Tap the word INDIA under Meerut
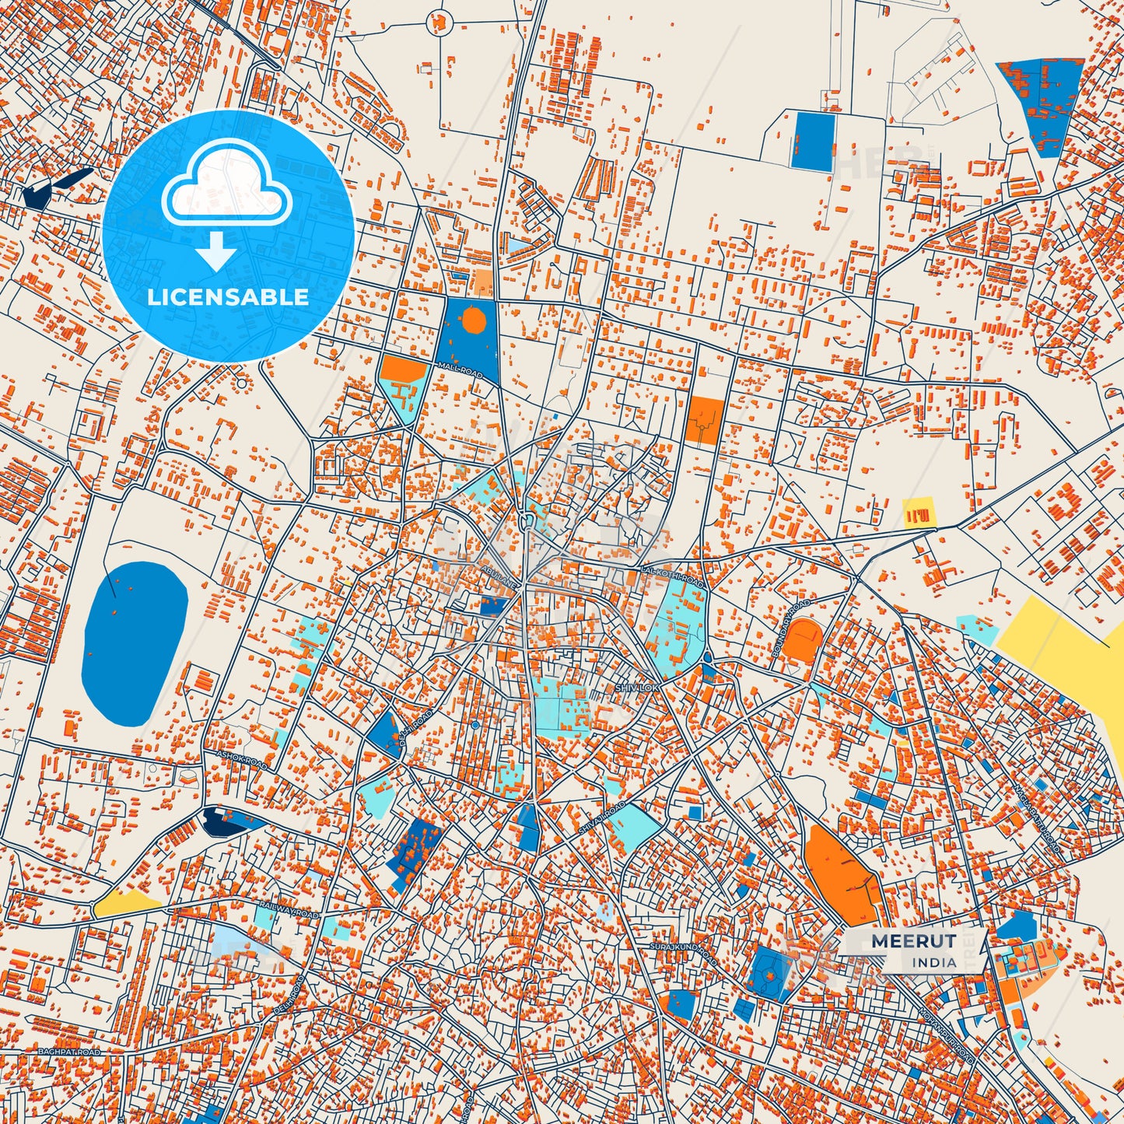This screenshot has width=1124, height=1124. click(935, 962)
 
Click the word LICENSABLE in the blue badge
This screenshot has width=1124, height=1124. click(228, 297)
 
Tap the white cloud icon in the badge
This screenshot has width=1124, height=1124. click(226, 187)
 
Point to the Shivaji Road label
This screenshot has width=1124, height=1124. click(602, 820)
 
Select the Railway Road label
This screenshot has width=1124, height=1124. click(289, 911)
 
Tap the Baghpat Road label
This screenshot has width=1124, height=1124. click(69, 1052)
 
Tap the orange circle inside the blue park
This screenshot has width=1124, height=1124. click(473, 320)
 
